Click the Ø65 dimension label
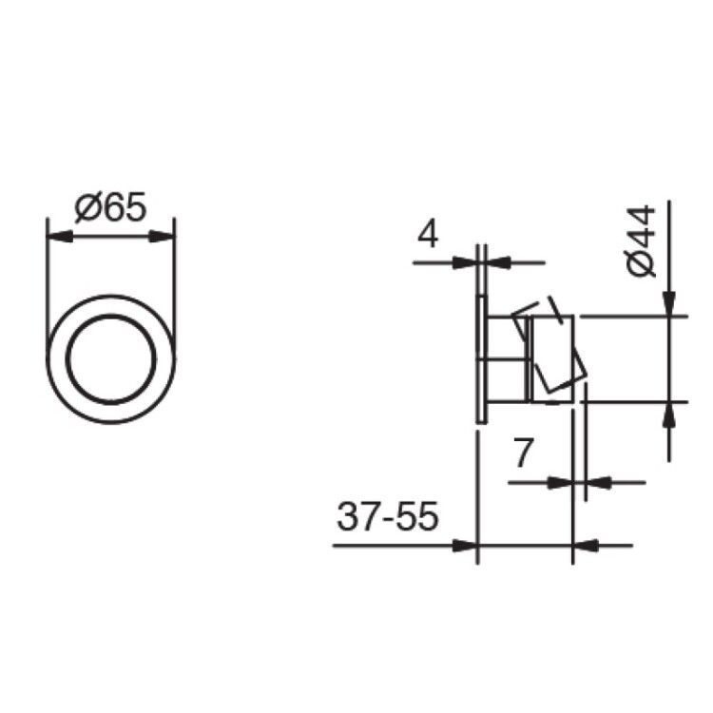click(110, 207)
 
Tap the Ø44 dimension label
click(641, 241)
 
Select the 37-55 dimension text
click(388, 516)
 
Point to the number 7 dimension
click(523, 453)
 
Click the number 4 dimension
click(428, 234)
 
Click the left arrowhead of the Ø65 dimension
click(60, 237)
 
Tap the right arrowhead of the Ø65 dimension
click(162, 237)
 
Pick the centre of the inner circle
click(111, 358)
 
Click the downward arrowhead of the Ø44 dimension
click(669, 303)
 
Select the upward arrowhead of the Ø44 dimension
click(669, 414)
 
